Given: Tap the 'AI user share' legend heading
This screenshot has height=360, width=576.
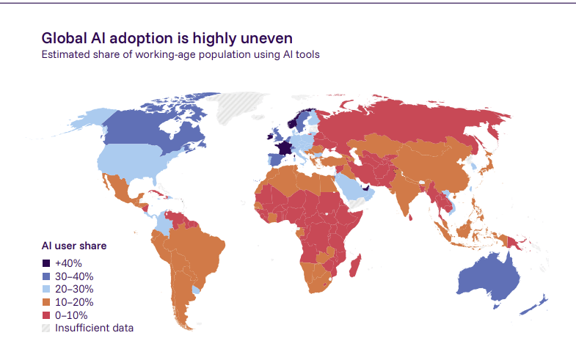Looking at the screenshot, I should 74,246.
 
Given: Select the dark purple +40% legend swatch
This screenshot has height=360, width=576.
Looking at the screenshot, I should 46,263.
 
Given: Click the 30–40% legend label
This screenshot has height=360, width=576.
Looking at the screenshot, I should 74,276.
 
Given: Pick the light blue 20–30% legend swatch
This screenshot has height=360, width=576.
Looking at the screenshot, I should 46,289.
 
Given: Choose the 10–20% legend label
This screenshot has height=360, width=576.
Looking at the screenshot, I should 74,302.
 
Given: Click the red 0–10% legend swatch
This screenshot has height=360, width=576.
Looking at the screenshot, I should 46,315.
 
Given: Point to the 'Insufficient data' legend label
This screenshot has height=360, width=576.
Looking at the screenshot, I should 94,328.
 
